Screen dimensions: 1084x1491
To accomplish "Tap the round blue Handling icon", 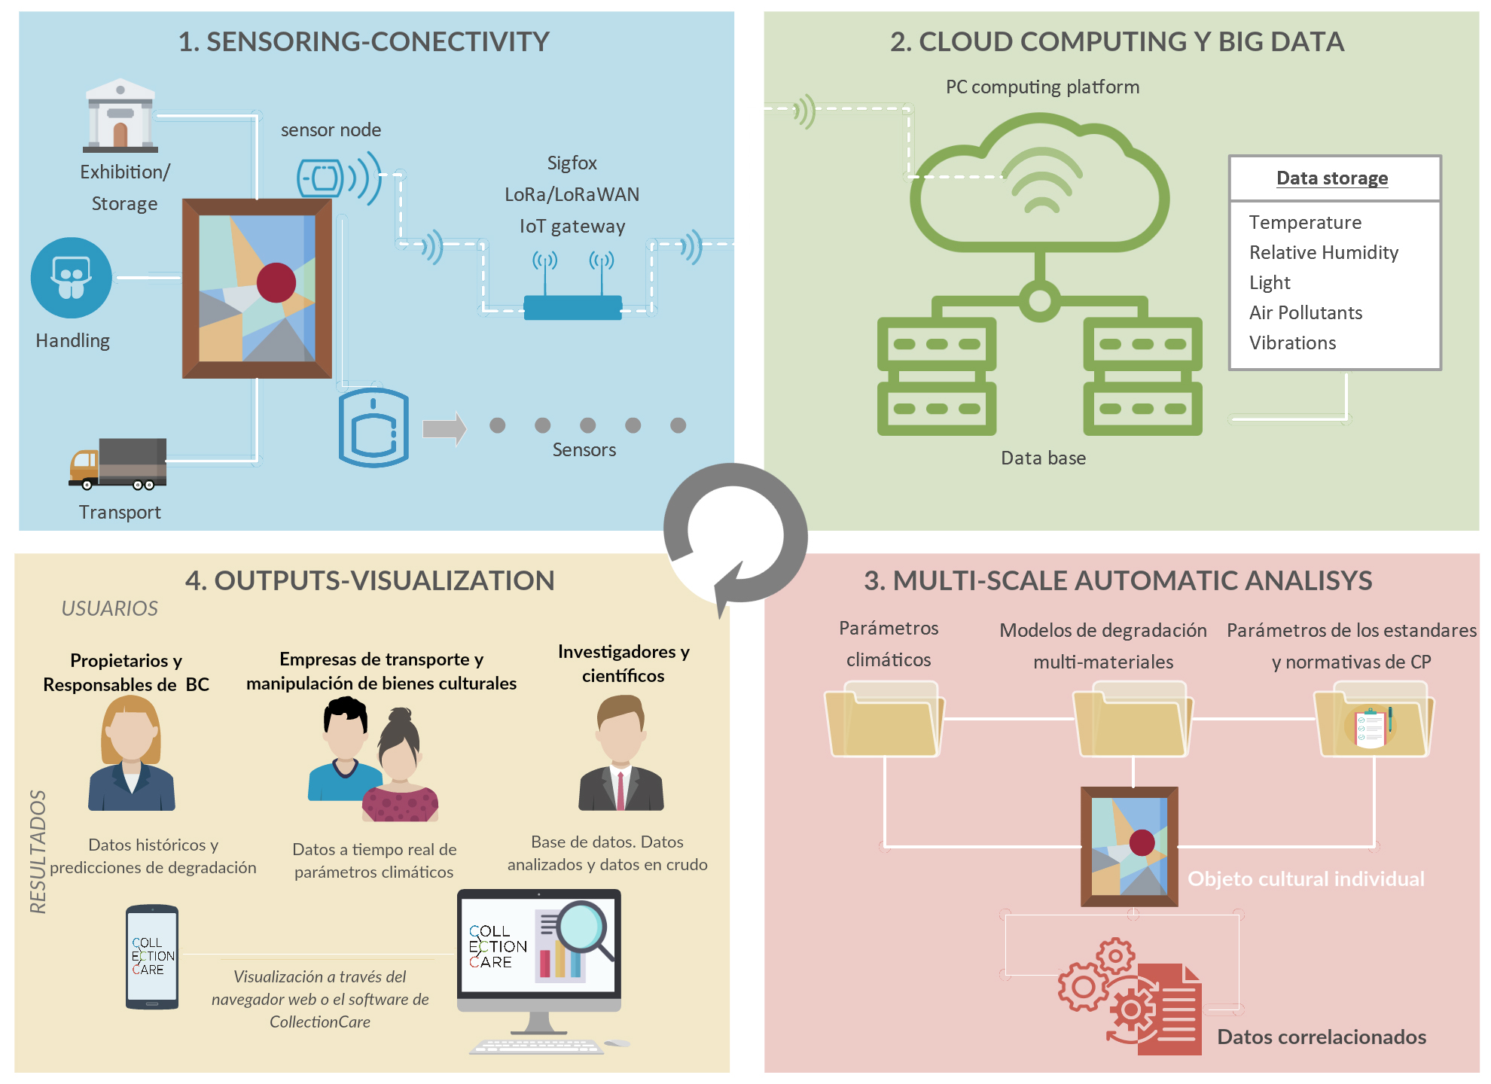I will click(72, 278).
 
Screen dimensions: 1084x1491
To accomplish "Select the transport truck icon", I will click(118, 463).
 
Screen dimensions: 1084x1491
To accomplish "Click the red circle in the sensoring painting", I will click(276, 282).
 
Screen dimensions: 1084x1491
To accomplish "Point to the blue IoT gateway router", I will click(572, 306).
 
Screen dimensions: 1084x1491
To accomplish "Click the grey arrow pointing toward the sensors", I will click(444, 428).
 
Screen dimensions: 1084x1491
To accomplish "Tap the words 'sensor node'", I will click(331, 130).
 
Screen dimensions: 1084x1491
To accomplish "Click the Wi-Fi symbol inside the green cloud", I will click(1041, 181).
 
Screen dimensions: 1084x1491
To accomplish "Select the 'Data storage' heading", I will click(1331, 178).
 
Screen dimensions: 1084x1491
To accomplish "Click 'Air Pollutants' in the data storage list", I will click(1305, 313).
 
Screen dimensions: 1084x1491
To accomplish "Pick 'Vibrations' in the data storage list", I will click(1292, 343).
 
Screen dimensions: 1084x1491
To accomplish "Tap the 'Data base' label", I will click(1043, 458).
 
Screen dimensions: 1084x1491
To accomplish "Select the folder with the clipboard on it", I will click(1372, 723).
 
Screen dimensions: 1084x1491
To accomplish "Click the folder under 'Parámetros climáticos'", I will click(884, 721).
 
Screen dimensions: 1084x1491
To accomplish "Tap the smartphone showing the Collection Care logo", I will click(152, 956).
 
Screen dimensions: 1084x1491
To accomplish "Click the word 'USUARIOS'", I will click(110, 608).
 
